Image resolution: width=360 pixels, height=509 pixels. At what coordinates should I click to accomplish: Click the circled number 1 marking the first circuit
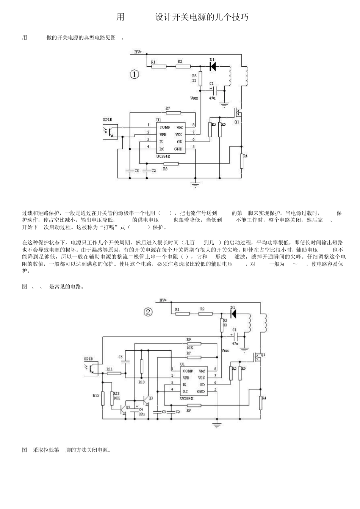coord(134,74)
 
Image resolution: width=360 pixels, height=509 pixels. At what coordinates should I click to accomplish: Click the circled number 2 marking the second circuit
coord(148,312)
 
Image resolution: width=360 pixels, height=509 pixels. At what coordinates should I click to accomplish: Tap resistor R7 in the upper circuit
coord(173,112)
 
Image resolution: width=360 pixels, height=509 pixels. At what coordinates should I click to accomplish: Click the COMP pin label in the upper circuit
coord(164,127)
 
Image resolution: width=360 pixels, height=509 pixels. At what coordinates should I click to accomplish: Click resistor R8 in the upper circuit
coord(171,164)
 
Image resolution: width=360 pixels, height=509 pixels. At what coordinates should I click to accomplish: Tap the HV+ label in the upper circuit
coord(138,52)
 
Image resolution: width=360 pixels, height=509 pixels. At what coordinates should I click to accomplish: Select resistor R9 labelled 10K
coord(194,343)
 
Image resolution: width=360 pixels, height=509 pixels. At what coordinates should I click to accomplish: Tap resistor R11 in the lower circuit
coord(114,373)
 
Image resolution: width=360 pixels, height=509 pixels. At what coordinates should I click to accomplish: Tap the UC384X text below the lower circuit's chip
coord(186,398)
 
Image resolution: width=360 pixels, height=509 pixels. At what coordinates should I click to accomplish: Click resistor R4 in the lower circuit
coord(261,403)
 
